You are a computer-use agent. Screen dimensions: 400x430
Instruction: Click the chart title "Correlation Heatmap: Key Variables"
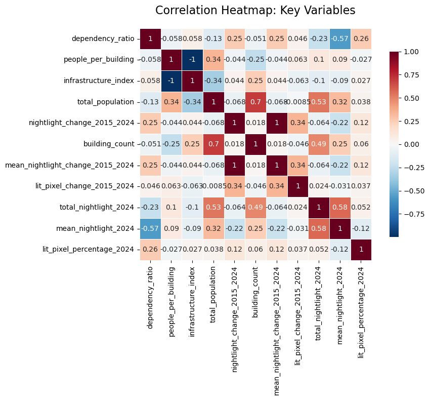[x=255, y=11]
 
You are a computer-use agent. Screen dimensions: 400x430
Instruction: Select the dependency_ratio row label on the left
[x=103, y=38]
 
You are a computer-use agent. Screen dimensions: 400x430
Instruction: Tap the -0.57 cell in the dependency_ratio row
[x=339, y=38]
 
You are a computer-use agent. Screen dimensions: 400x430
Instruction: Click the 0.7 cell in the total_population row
[x=255, y=102]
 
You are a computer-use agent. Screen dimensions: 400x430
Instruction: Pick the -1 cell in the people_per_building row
[x=192, y=60]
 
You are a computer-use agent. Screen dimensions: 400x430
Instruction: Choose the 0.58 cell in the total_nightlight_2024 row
[x=339, y=207]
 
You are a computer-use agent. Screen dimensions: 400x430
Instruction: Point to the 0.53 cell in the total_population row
[x=318, y=102]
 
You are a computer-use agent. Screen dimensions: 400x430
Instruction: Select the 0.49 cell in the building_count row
[x=318, y=144]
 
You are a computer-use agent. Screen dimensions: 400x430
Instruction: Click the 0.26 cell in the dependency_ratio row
[x=360, y=38]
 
